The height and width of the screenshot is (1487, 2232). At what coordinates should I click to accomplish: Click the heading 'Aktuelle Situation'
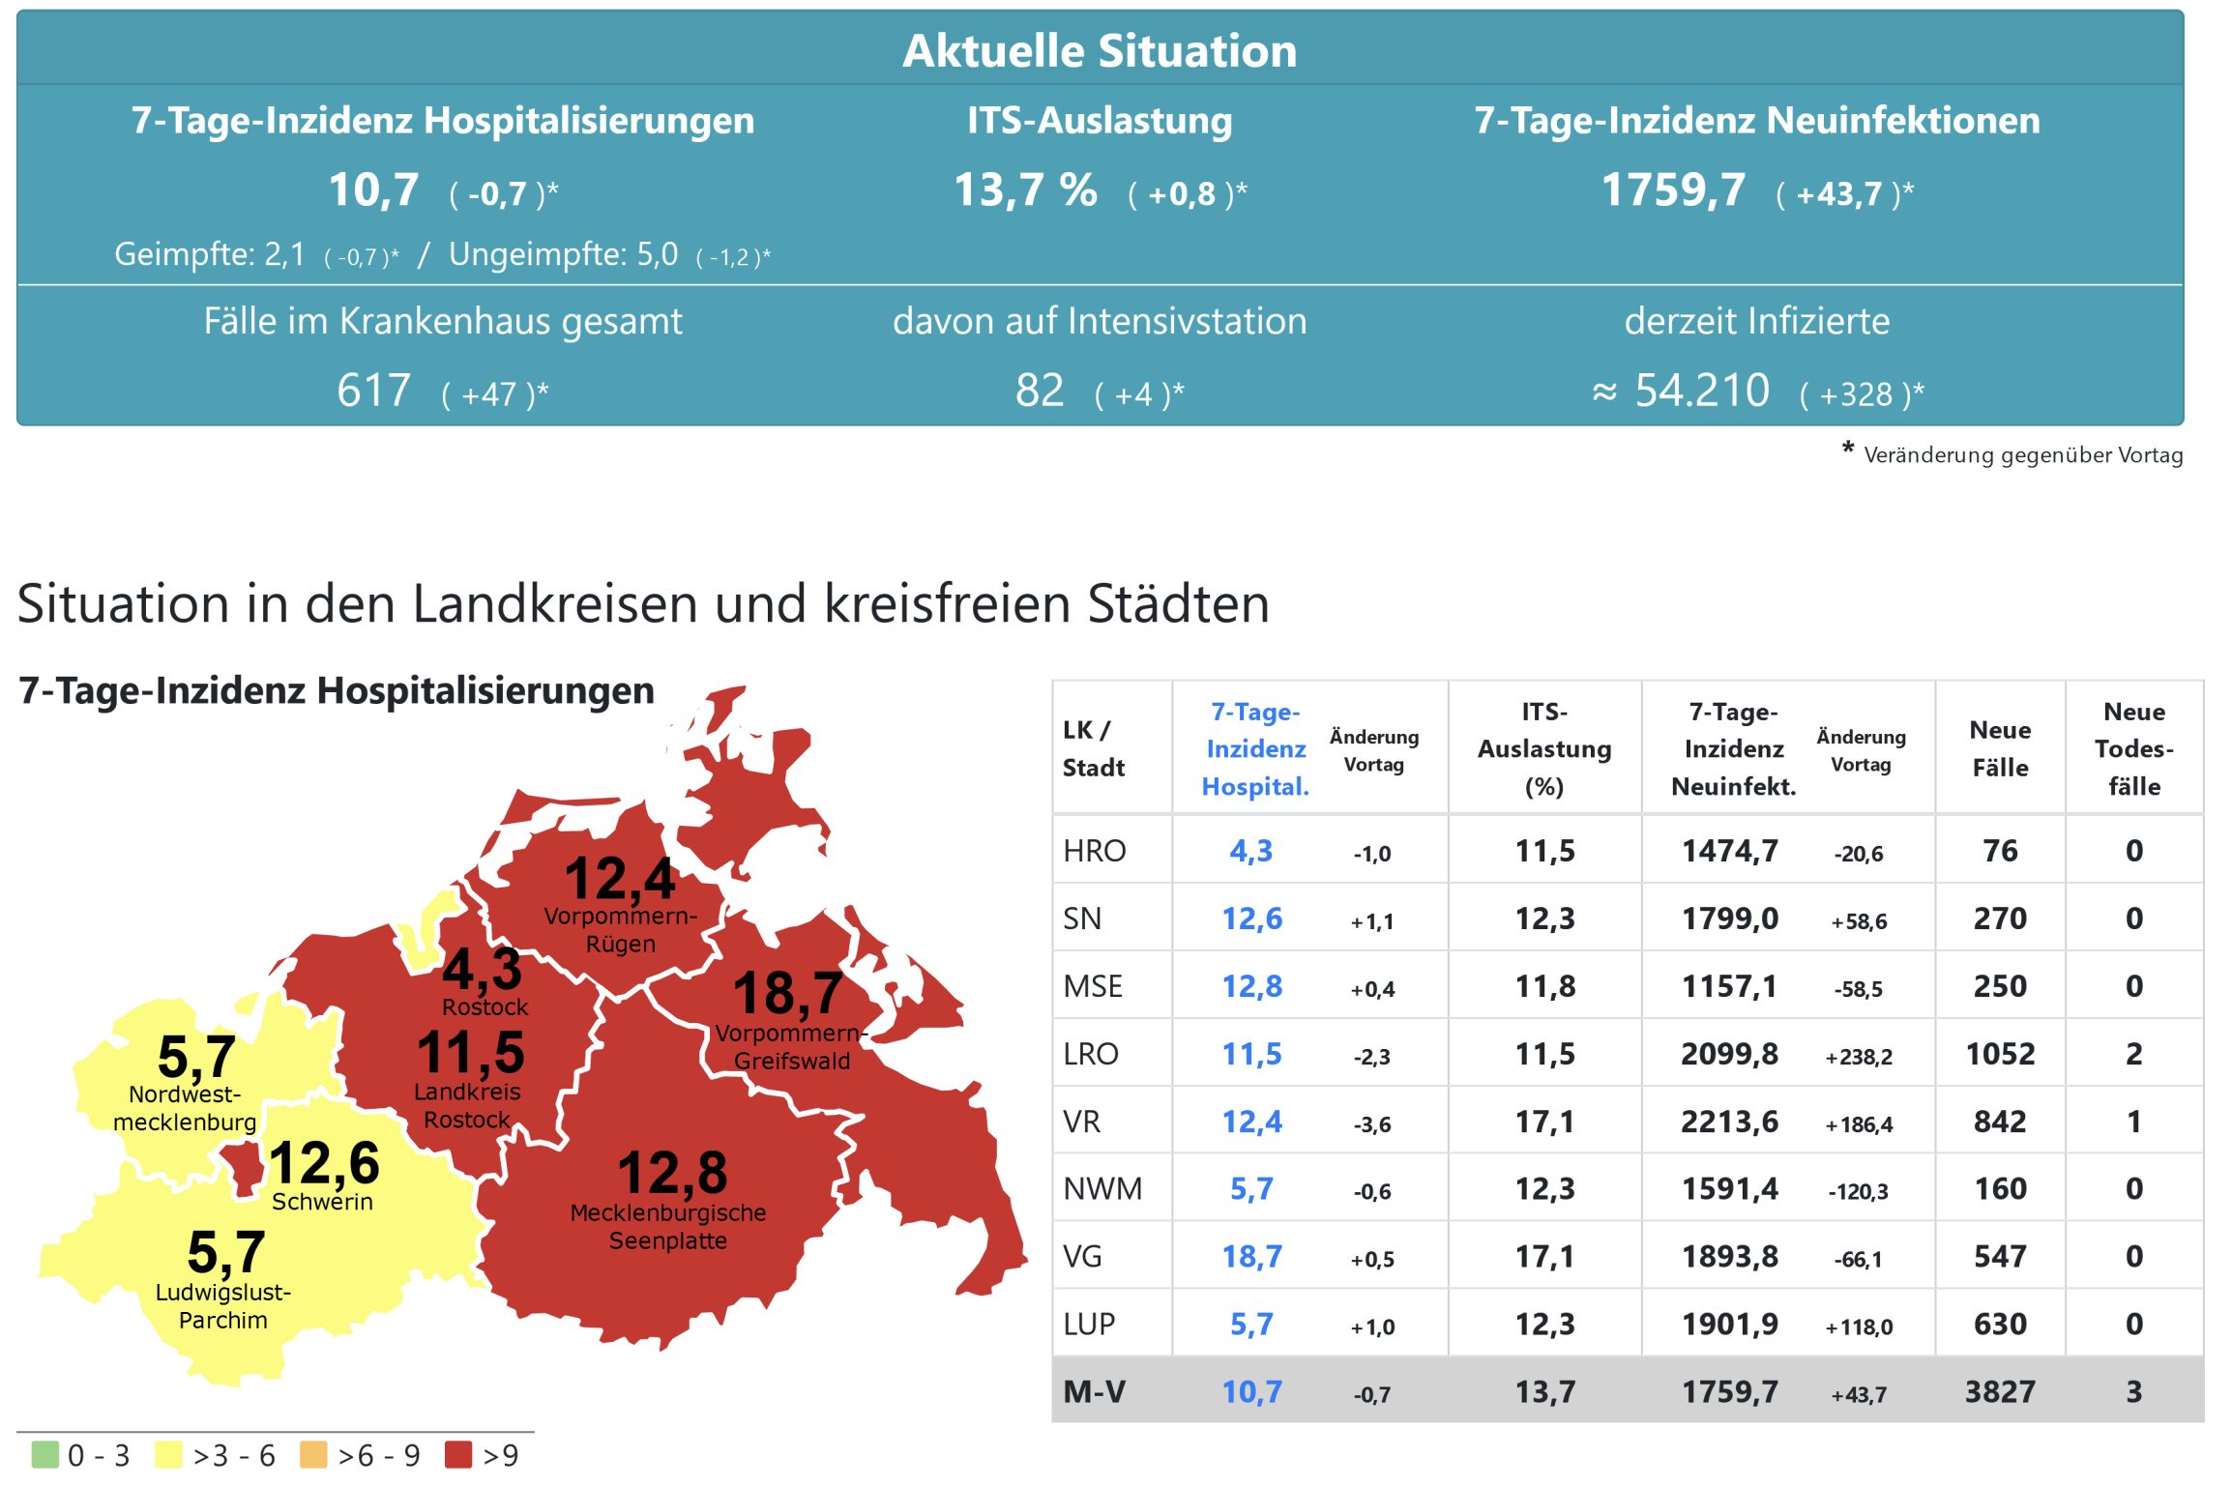[1099, 50]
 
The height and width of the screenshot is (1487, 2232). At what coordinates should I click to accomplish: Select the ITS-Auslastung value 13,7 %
[1025, 190]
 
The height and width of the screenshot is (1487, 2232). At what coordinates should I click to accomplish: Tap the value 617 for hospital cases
[373, 392]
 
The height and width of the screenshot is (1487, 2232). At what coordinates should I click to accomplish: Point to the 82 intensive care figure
[1039, 392]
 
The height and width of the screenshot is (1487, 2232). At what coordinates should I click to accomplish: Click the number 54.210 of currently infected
[1701, 392]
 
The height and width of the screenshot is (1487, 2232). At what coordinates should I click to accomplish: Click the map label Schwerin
[322, 1202]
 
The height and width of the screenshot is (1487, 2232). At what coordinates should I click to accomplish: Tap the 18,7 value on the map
[787, 993]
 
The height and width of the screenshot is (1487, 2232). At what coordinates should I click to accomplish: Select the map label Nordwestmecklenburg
[185, 1108]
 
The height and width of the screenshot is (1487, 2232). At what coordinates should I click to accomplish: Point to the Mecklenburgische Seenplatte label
[668, 1226]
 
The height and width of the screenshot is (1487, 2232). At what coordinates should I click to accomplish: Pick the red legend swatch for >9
[457, 1455]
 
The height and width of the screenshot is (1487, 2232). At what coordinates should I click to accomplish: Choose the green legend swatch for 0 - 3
[44, 1455]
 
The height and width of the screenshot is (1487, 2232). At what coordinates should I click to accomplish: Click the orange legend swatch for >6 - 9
[313, 1455]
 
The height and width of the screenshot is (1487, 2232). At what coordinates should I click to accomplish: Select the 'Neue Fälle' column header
[1999, 748]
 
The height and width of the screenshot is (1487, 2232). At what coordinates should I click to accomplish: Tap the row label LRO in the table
[1090, 1054]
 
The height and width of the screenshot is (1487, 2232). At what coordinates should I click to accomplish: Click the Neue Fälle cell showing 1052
[1999, 1054]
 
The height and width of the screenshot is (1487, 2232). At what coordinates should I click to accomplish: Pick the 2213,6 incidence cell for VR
[1729, 1122]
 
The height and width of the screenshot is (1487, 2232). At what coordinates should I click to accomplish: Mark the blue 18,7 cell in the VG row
[1251, 1257]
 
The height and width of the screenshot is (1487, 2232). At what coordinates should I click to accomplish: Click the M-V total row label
[1094, 1392]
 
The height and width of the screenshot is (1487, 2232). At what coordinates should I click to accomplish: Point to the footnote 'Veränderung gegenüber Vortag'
[2022, 455]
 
